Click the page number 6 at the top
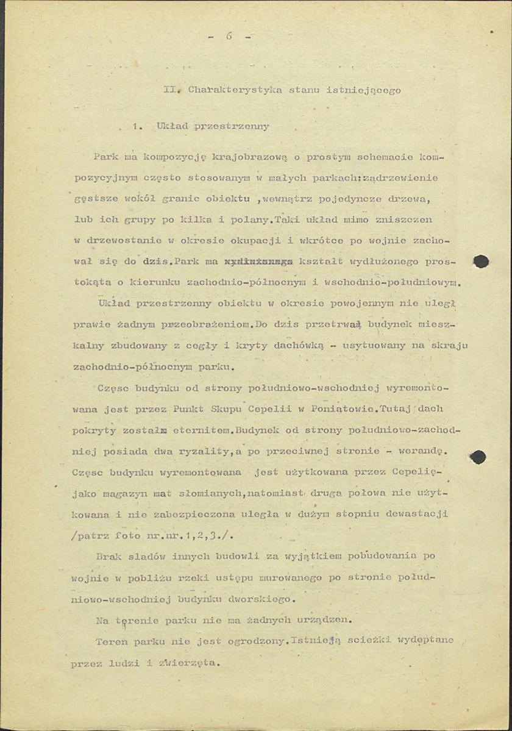tap(229, 36)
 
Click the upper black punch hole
tap(481, 262)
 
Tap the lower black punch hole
tap(478, 457)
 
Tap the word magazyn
tap(115, 493)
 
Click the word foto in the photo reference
tap(129, 536)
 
